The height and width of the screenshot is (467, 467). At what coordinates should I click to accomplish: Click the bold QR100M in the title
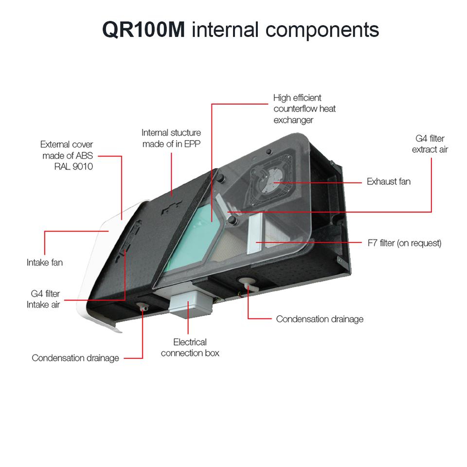(144, 30)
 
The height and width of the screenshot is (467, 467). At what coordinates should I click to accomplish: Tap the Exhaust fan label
(388, 182)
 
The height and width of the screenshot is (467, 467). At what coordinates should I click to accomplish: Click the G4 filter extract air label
(430, 144)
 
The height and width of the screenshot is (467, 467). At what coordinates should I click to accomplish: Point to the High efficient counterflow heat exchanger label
(305, 108)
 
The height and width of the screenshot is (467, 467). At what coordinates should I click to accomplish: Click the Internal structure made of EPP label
(171, 138)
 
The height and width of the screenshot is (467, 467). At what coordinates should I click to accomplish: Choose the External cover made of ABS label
(67, 150)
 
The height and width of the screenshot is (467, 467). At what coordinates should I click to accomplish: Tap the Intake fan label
(44, 263)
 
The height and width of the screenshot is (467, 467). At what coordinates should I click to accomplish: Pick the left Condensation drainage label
(75, 358)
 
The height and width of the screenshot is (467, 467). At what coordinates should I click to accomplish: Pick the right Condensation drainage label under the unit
(320, 319)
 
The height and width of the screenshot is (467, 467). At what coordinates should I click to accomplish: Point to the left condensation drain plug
(143, 306)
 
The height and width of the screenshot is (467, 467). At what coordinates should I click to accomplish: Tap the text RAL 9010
(76, 166)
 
